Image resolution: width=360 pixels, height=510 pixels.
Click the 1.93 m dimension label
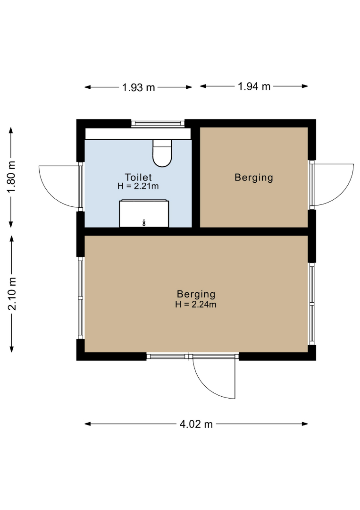pyautogui.click(x=138, y=87)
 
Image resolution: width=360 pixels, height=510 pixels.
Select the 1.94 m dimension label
pyautogui.click(x=254, y=86)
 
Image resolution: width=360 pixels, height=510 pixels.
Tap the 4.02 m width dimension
pyautogui.click(x=196, y=424)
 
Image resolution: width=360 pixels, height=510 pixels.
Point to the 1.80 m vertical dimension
pyautogui.click(x=12, y=177)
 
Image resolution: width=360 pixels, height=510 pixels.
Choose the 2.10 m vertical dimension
pyautogui.click(x=12, y=294)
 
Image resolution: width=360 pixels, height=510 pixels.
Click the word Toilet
pyautogui.click(x=138, y=177)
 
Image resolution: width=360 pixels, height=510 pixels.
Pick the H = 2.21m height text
pyautogui.click(x=138, y=186)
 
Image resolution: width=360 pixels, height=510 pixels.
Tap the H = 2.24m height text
pyautogui.click(x=196, y=305)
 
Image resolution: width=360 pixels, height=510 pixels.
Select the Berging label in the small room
pyautogui.click(x=254, y=178)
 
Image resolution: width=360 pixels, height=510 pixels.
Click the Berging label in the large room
pyautogui.click(x=196, y=294)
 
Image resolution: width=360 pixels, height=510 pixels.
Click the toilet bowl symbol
pyautogui.click(x=162, y=153)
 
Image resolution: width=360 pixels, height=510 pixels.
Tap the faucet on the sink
pyautogui.click(x=144, y=223)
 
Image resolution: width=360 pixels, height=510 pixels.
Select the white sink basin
pyautogui.click(x=144, y=213)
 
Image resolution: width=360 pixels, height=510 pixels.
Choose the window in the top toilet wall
pyautogui.click(x=158, y=123)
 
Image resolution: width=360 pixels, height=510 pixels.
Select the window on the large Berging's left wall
pyautogui.click(x=81, y=298)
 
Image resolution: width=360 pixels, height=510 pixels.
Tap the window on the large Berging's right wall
pyautogui.click(x=312, y=304)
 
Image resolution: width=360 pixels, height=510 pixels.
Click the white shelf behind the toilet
pyautogui.click(x=138, y=134)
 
